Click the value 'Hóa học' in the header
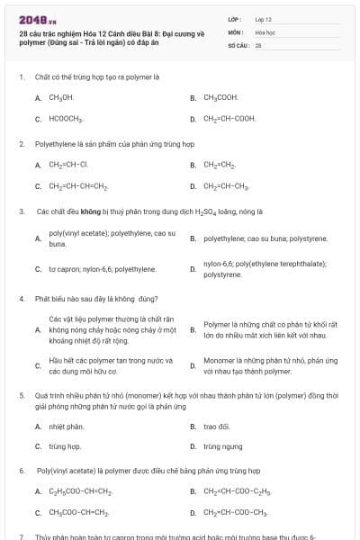point(265,31)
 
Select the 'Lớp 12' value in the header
point(263,19)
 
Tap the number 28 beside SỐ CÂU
point(258,44)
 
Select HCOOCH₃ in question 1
point(66,119)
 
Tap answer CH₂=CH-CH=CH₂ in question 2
point(79,186)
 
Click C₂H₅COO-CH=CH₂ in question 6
point(80,491)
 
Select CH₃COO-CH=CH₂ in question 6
point(79,513)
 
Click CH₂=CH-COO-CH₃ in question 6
point(236,513)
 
